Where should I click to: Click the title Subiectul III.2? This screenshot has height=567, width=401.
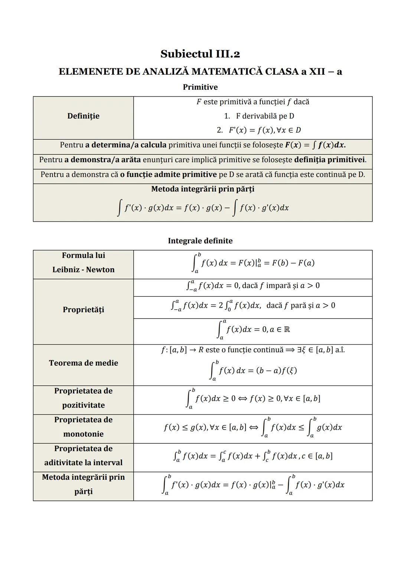coord(200,54)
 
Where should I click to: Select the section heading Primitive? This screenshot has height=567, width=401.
coord(200,87)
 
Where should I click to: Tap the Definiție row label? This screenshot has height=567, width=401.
coord(83,116)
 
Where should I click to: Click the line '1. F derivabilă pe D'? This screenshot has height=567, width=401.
coord(259,116)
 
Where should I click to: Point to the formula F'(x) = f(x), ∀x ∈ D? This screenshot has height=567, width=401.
coord(259,130)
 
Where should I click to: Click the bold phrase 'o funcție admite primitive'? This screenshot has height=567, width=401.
coord(168,175)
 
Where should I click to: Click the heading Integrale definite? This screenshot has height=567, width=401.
coord(200,241)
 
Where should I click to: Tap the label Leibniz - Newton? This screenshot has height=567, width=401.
coord(83,270)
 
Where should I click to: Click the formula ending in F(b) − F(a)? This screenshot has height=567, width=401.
coord(252,263)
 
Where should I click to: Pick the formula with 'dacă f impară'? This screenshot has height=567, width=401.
coord(252,286)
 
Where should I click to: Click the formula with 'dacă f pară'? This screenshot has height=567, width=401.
coord(252,306)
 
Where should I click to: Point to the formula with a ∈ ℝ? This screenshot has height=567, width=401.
coord(252,330)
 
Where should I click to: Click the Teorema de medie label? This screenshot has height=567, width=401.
coord(83,363)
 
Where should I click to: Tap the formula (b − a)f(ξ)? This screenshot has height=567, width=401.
coord(276,371)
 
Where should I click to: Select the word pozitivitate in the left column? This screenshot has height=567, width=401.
coord(83,405)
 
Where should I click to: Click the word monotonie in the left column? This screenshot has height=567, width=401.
coord(83,434)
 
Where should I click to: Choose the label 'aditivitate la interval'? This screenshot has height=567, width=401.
coord(83,463)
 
